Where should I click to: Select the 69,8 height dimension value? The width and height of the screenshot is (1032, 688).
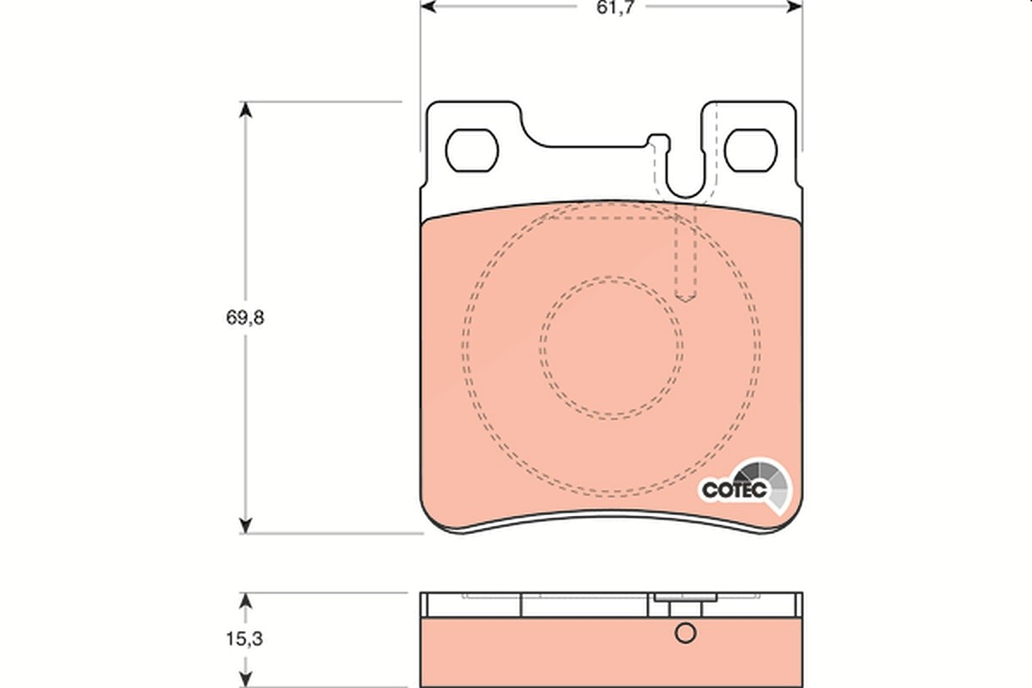pos(245,317)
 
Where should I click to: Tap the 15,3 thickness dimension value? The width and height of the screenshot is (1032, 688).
pos(244,639)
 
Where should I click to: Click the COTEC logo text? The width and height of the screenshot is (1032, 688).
pos(734,490)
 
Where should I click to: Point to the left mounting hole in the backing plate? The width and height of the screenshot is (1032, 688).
pos(472,150)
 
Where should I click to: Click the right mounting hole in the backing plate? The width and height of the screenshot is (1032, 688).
pos(751,150)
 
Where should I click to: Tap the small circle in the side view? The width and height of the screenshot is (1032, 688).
pos(685,633)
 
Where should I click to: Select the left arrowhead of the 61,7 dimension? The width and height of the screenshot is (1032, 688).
pos(428,7)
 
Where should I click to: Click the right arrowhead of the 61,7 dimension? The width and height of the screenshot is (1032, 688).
pos(795,7)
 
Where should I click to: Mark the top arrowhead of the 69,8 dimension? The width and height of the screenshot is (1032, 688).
pos(246,109)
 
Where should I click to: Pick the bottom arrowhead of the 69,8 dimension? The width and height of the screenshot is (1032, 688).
pos(246,525)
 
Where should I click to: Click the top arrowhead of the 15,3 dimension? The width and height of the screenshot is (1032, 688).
pos(246,600)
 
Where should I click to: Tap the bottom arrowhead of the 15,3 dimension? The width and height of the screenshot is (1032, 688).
pos(246,679)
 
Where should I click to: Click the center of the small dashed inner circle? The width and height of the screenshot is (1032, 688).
pos(611,348)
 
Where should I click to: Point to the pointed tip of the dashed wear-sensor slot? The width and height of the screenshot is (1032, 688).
pos(685,302)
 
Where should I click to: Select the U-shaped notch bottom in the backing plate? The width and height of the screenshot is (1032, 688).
pos(685,197)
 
